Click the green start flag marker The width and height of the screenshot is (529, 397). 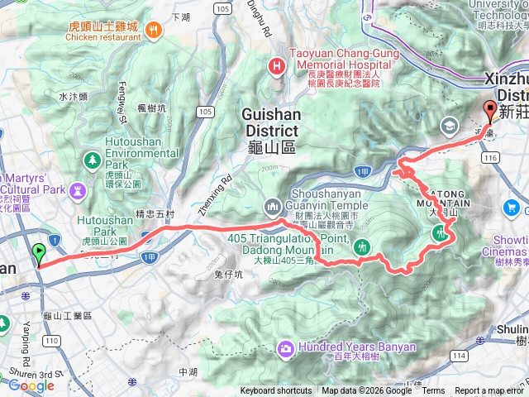coord(38,254)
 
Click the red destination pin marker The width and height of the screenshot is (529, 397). coord(489,112)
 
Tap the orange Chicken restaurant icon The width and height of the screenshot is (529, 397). coord(153,31)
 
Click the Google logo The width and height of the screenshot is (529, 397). coord(31,385)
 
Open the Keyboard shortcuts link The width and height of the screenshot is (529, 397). coord(276,391)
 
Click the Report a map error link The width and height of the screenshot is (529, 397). coord(489,391)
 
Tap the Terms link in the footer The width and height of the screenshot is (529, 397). coord(433,391)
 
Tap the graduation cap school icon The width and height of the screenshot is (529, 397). coord(449,126)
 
